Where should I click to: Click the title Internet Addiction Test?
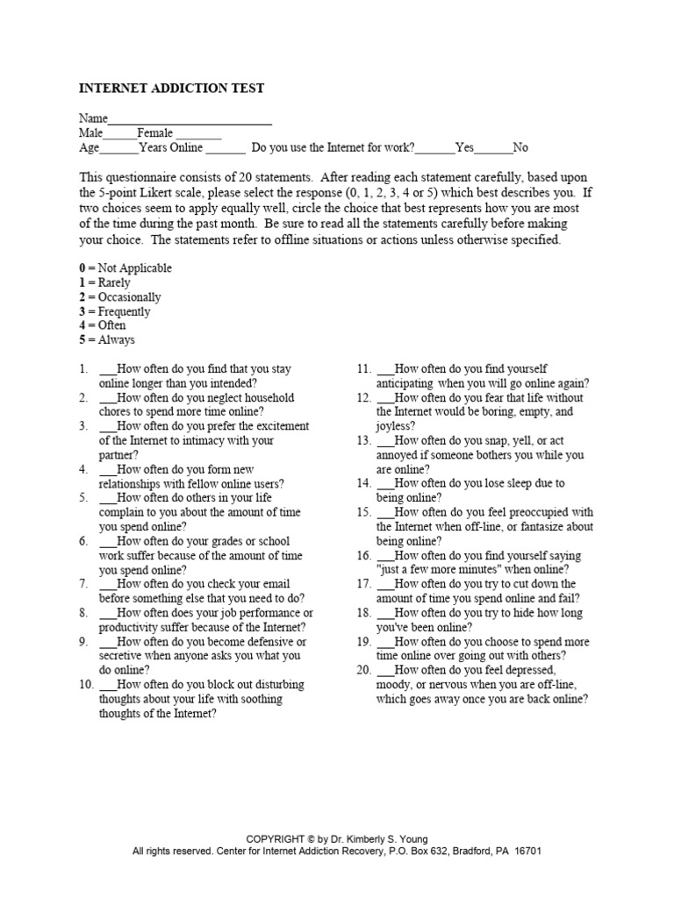171,89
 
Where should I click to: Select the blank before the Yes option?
436,149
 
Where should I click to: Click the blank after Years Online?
226,149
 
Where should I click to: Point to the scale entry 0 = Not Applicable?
125,268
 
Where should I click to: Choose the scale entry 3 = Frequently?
115,311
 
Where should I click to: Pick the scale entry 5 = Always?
107,340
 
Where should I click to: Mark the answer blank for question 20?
385,671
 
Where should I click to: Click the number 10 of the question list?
86,685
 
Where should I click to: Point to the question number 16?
363,556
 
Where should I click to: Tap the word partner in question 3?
118,456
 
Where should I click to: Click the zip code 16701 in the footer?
513,851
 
